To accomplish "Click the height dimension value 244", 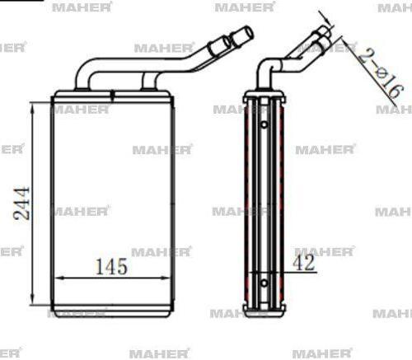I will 22,203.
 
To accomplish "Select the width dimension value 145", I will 110,266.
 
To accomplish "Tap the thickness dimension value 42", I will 304,264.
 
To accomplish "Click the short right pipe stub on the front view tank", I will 148,81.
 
